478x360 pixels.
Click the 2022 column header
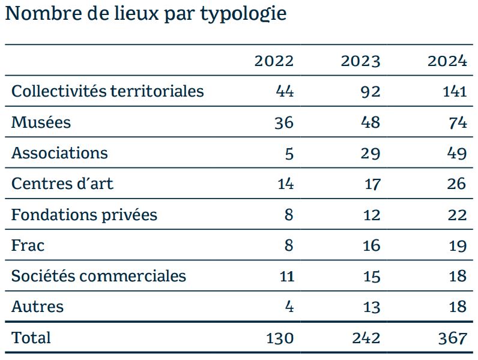click(274, 61)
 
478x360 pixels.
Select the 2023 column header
click(361, 61)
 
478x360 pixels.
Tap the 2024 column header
click(447, 61)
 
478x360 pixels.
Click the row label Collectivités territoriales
click(107, 91)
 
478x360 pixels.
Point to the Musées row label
click(41, 122)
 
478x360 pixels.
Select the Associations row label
click(60, 152)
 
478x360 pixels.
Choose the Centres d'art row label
click(62, 184)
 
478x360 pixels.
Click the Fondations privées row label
click(85, 214)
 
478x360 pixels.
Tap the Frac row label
click(28, 245)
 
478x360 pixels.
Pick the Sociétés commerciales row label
click(98, 276)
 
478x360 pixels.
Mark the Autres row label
click(37, 307)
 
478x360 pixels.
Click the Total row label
click(31, 337)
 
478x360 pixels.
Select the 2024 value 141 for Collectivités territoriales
click(455, 91)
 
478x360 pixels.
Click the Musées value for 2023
click(371, 122)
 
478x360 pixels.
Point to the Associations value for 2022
click(289, 153)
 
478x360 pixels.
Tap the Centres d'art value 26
click(456, 184)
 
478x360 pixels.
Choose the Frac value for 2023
click(371, 245)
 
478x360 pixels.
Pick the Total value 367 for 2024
click(453, 338)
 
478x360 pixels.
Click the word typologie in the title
click(243, 14)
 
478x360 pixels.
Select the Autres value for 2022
click(289, 307)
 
